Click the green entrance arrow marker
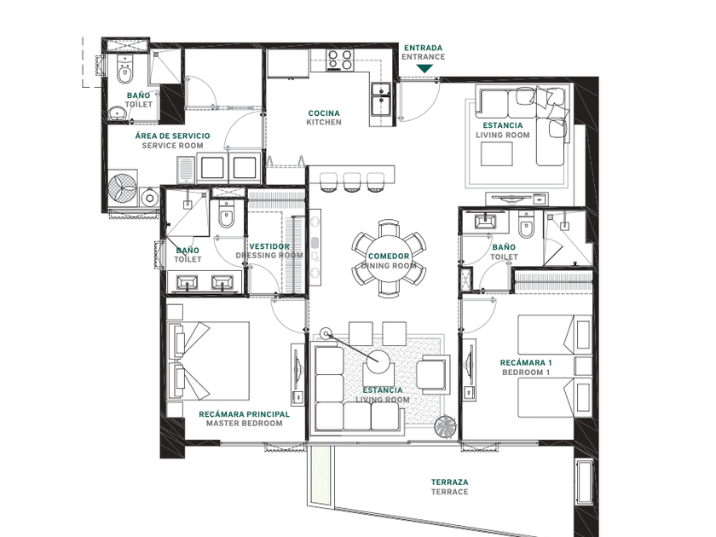424,68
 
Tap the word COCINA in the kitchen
324,113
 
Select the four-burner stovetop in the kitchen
340,60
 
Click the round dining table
388,258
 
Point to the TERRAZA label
450,482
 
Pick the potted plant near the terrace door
446,426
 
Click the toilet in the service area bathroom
124,69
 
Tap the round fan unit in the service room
123,188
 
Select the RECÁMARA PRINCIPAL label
244,414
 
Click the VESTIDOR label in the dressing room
269,246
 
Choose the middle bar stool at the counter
352,182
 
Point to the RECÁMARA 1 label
526,362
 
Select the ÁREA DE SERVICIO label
172,136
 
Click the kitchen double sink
380,99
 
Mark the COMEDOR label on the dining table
389,257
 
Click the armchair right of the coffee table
432,373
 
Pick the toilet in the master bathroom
226,213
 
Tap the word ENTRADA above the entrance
424,48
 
